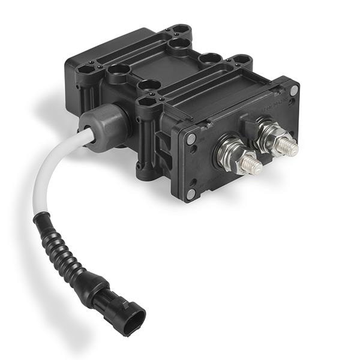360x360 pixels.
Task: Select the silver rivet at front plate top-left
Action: [191, 139]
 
